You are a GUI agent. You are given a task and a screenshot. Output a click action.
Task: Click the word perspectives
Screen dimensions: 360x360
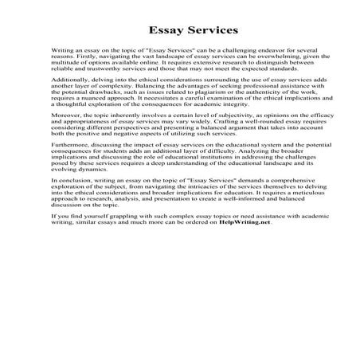[127, 144]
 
